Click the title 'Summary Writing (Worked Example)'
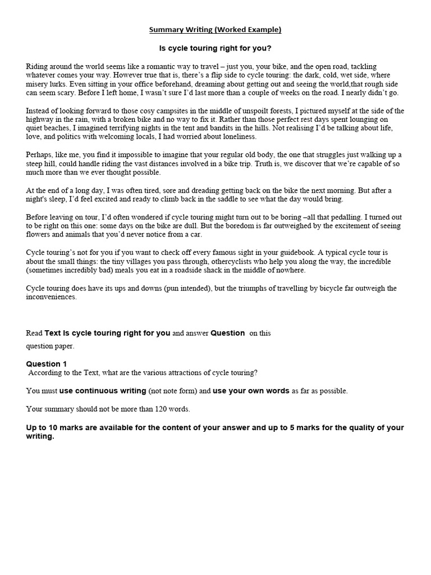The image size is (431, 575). [x=215, y=29]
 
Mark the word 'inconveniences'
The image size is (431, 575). [x=51, y=297]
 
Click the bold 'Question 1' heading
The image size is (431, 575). [x=46, y=364]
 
